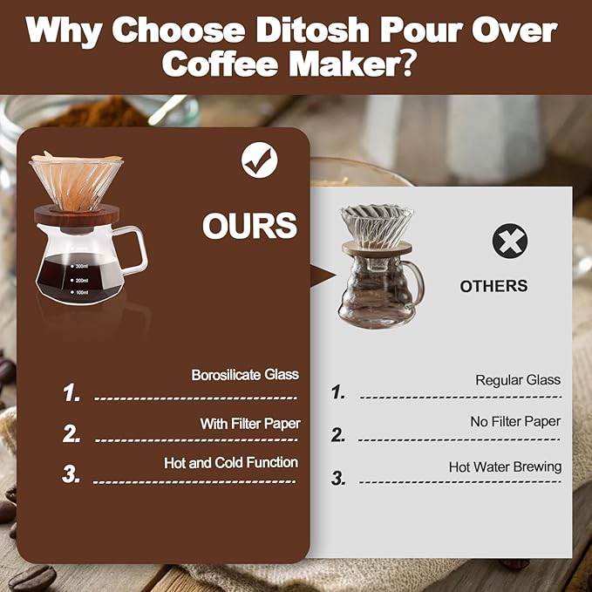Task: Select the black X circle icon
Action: coord(509,241)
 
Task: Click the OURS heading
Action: coord(249,226)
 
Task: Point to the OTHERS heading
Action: coord(493,286)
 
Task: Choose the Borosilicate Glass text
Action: coord(245,375)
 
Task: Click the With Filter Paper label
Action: coord(250,424)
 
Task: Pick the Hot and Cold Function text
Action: coord(231,463)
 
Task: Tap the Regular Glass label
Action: coord(518,380)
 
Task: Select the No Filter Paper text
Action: coord(515,422)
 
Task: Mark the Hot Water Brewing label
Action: coord(505,467)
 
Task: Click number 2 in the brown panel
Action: coord(71,433)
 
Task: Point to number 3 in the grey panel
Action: coord(338,478)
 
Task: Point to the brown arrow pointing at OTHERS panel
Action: coord(323,276)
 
